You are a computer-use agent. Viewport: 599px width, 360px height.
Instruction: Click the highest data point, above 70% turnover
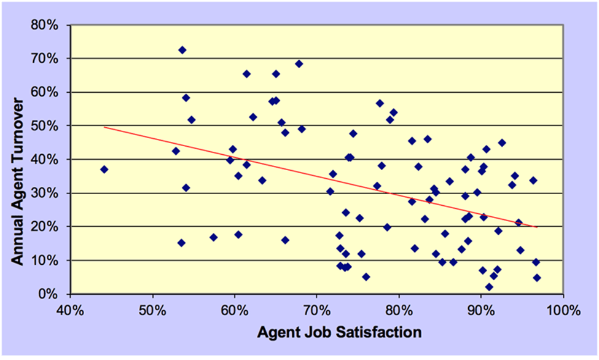point(182,50)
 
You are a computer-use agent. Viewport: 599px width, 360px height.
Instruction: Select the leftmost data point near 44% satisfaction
point(104,170)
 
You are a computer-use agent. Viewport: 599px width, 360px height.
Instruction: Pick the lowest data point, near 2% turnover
point(489,287)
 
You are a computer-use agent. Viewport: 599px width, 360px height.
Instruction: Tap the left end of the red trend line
point(104,127)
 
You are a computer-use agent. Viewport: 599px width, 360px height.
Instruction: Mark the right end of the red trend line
point(537,227)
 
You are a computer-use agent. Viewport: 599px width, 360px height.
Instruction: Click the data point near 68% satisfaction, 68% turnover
point(299,63)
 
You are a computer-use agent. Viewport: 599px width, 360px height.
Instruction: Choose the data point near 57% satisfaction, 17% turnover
point(213,237)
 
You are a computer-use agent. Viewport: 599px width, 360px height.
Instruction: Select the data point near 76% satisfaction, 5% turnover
point(366,277)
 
